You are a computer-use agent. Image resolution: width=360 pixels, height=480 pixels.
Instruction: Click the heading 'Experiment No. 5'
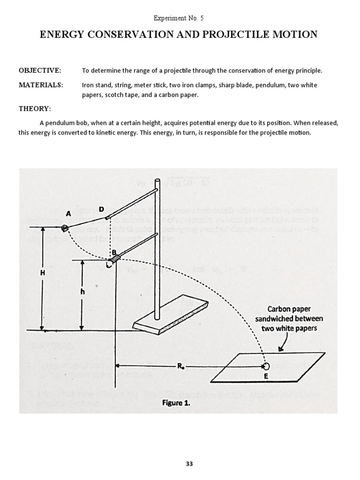[180, 18]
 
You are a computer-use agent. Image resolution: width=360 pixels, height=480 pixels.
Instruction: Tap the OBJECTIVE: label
[40, 70]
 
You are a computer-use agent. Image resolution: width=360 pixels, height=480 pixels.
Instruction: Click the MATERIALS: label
[40, 85]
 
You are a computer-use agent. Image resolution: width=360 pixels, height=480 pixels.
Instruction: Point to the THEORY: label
[35, 108]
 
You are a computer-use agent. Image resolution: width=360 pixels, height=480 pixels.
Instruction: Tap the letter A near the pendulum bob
[68, 213]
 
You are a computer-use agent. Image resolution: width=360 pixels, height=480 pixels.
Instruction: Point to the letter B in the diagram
[114, 252]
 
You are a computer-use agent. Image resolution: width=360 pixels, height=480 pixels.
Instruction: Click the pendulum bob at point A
[65, 228]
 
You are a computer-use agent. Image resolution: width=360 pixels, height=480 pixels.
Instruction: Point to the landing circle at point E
[266, 366]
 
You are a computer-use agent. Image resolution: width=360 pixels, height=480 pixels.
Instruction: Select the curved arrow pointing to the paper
[284, 344]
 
